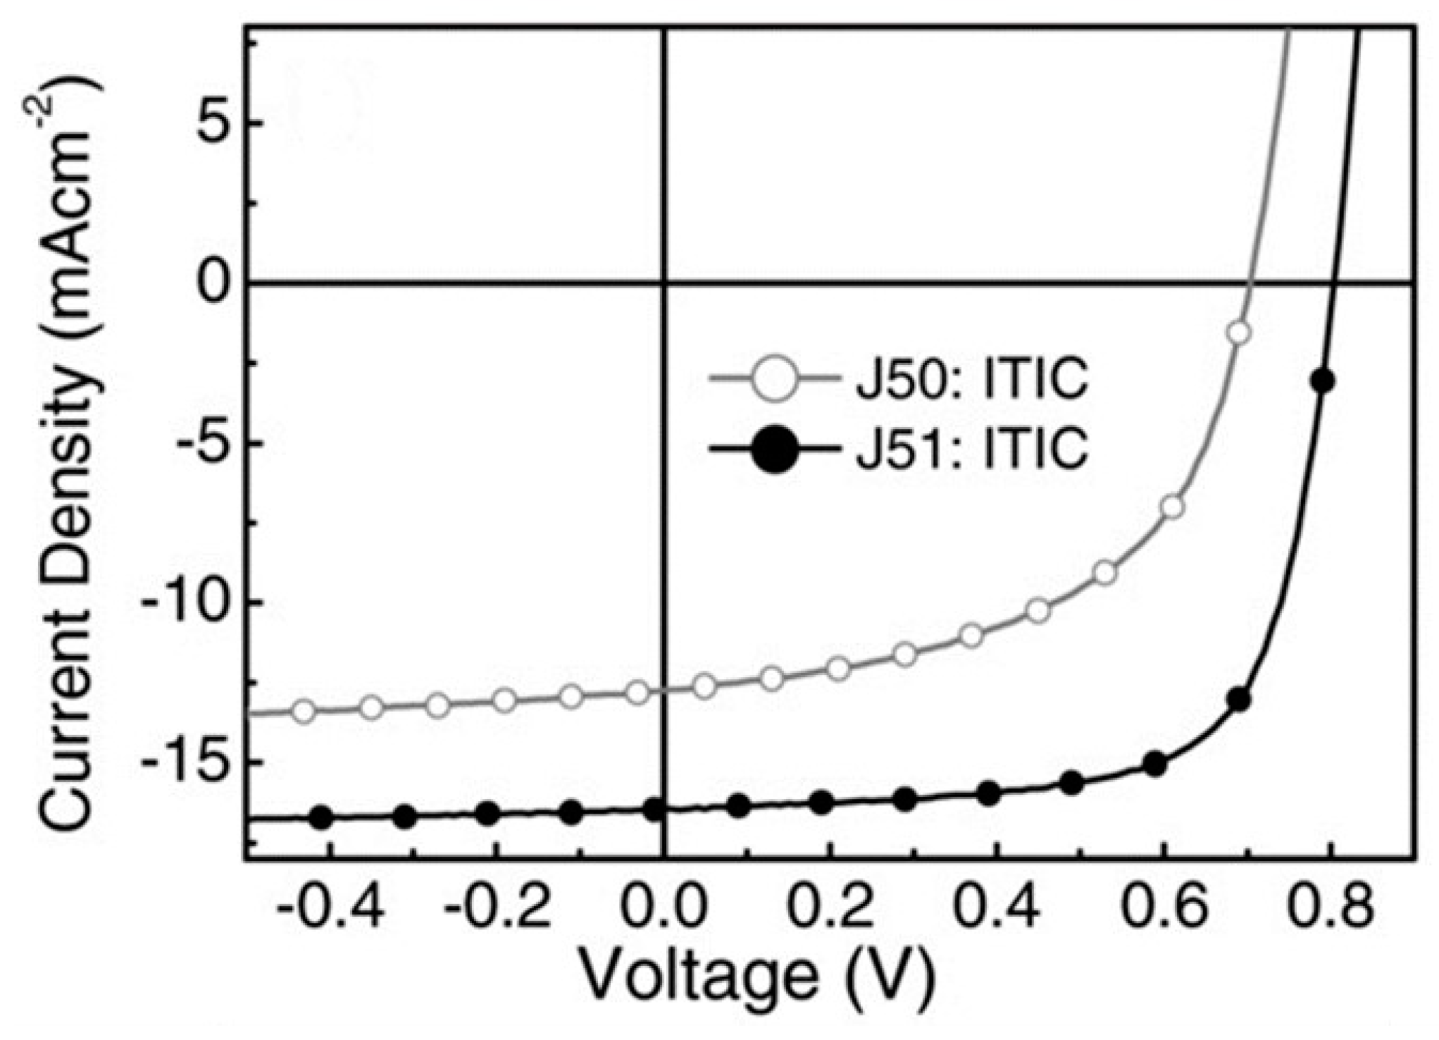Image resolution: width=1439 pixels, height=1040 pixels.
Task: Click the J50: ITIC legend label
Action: (972, 380)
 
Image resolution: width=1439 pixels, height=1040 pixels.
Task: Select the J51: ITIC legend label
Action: (972, 449)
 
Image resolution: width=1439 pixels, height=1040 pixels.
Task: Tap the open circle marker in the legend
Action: (774, 379)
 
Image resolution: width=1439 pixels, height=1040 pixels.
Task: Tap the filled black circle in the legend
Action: (774, 449)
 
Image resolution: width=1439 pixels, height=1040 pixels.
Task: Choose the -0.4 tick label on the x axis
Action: (330, 908)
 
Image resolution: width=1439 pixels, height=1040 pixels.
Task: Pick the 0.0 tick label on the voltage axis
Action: (664, 908)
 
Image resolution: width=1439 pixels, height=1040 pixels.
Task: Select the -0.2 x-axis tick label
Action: (497, 908)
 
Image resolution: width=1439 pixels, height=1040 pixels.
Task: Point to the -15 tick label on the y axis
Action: (189, 763)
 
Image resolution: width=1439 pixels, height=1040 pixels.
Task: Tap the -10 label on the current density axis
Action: (189, 603)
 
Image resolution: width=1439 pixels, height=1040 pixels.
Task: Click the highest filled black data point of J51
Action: (1322, 381)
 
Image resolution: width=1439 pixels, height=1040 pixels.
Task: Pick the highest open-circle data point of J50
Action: (1238, 333)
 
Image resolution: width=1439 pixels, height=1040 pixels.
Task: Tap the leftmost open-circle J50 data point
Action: (304, 712)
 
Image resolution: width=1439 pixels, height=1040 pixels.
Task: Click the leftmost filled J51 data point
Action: (321, 817)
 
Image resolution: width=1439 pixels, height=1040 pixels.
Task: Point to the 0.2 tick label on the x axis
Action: (830, 908)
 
